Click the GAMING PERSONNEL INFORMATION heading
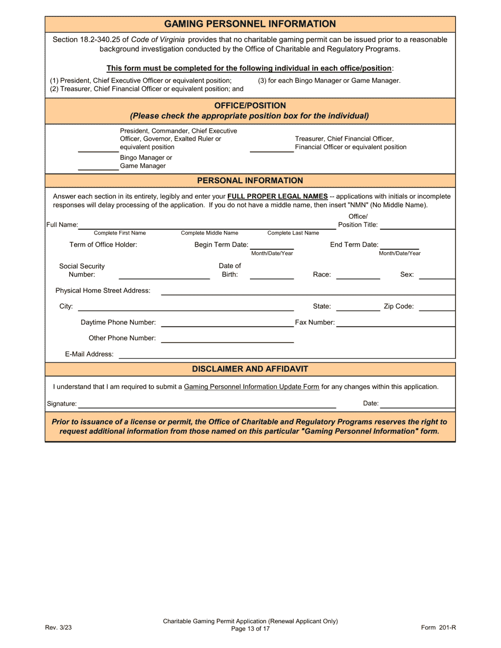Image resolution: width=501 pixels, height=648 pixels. (250, 24)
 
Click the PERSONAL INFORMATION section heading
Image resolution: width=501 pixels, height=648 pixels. (250, 181)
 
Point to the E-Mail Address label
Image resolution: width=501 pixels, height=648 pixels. (89, 354)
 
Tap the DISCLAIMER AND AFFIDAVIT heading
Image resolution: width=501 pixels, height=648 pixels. (250, 369)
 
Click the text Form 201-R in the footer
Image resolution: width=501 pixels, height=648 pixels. (438, 627)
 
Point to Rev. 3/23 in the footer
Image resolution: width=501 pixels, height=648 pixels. (56, 627)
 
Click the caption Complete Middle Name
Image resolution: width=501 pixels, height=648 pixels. (209, 233)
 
